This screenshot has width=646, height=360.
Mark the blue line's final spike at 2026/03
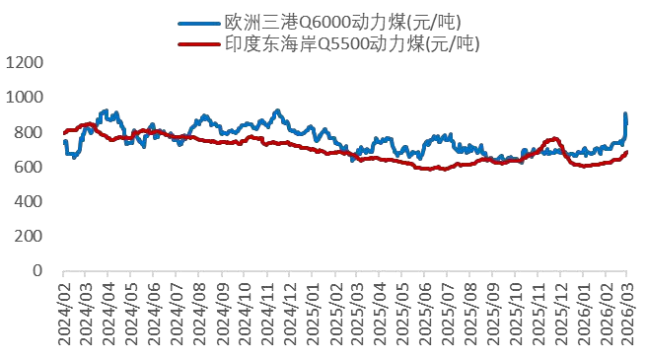click(625, 115)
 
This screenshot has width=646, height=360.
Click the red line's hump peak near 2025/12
click(553, 139)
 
